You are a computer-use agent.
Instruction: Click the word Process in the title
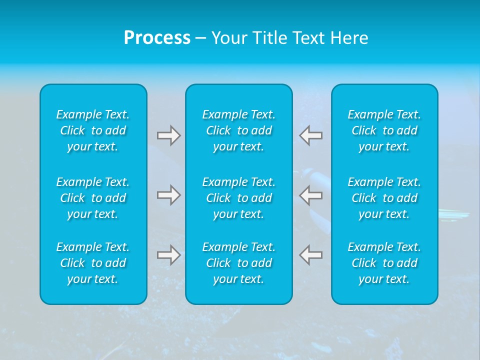coord(157,38)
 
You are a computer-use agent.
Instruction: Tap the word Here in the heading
coord(348,38)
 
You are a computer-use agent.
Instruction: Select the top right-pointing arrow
coord(168,135)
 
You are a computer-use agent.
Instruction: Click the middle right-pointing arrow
coord(168,195)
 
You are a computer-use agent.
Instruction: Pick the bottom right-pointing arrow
coord(168,255)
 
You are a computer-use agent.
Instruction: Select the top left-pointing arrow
coord(311,135)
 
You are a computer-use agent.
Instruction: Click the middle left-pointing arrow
coord(311,195)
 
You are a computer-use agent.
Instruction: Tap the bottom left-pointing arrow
coord(311,255)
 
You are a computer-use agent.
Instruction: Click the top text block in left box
coord(93,130)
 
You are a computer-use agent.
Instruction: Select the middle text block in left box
coord(93,198)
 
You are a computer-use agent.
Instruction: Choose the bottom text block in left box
coord(93,263)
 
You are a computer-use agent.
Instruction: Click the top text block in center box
coord(239,130)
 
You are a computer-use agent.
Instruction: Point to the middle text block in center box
coord(239,198)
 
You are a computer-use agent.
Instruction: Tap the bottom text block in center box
coord(239,263)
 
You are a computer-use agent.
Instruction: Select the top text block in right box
coord(384,130)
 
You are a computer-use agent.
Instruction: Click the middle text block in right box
coord(384,198)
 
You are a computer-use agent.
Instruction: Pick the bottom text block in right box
coord(384,263)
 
